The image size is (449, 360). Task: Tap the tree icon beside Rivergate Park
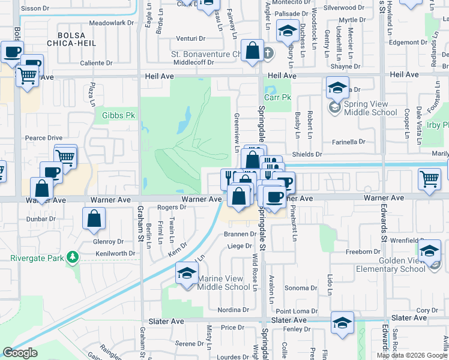click(73, 257)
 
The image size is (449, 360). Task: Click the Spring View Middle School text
click(370, 108)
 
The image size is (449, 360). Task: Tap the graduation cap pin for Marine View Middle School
click(187, 274)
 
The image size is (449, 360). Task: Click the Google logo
click(20, 353)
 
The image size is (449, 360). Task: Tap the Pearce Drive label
click(43, 138)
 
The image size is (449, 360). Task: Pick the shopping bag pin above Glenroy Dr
click(94, 220)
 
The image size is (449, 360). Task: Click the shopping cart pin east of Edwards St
click(430, 179)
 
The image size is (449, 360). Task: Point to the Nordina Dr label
click(233, 310)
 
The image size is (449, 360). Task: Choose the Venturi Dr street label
click(192, 38)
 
